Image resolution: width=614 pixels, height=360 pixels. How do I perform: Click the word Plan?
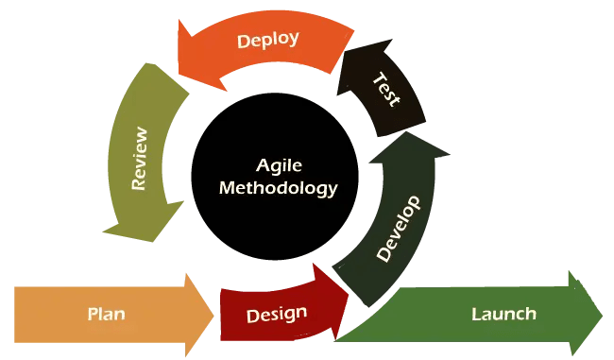(107, 314)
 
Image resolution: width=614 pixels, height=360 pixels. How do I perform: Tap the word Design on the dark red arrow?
(276, 314)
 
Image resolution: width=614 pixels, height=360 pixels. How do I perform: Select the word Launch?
(503, 314)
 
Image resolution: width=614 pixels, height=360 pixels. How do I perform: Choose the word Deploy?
(268, 40)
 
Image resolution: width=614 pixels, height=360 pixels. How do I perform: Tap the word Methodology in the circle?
(278, 187)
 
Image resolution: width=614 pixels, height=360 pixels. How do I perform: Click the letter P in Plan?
(93, 314)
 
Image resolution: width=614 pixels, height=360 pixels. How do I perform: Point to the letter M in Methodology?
(226, 187)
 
